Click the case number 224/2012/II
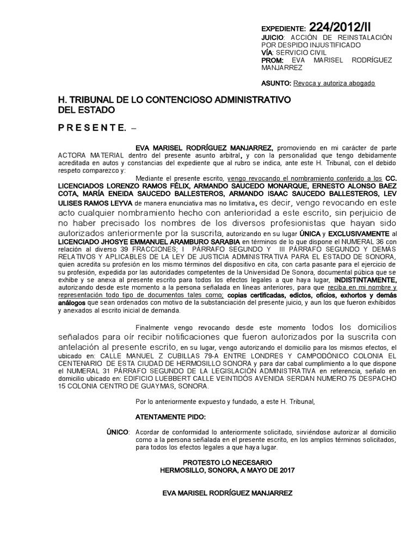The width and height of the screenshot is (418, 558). (x=342, y=28)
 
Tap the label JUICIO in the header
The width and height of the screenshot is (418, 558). (x=272, y=37)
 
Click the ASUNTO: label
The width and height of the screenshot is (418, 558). (x=276, y=83)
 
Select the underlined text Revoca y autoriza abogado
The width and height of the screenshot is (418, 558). (x=334, y=83)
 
